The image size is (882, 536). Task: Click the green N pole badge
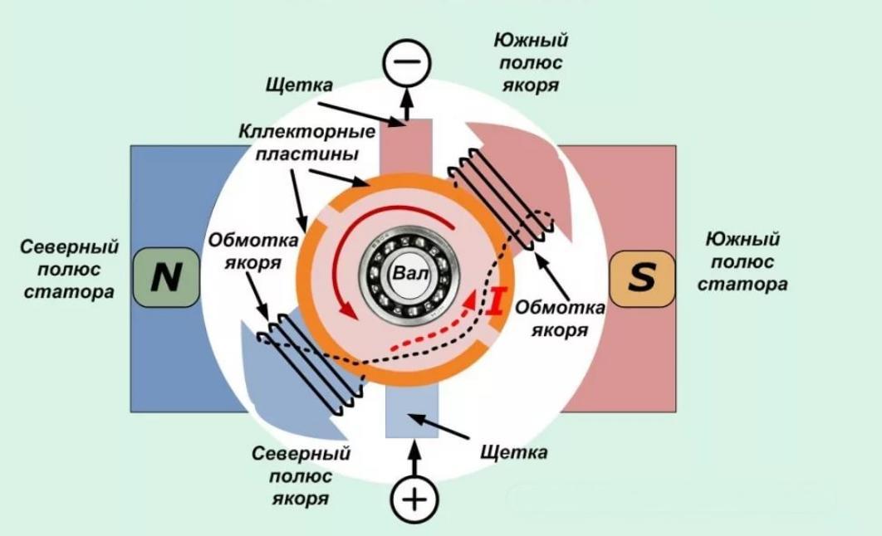166,279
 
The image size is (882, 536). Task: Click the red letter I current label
496,300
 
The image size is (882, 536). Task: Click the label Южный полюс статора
742,261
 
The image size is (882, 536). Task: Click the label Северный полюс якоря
300,476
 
